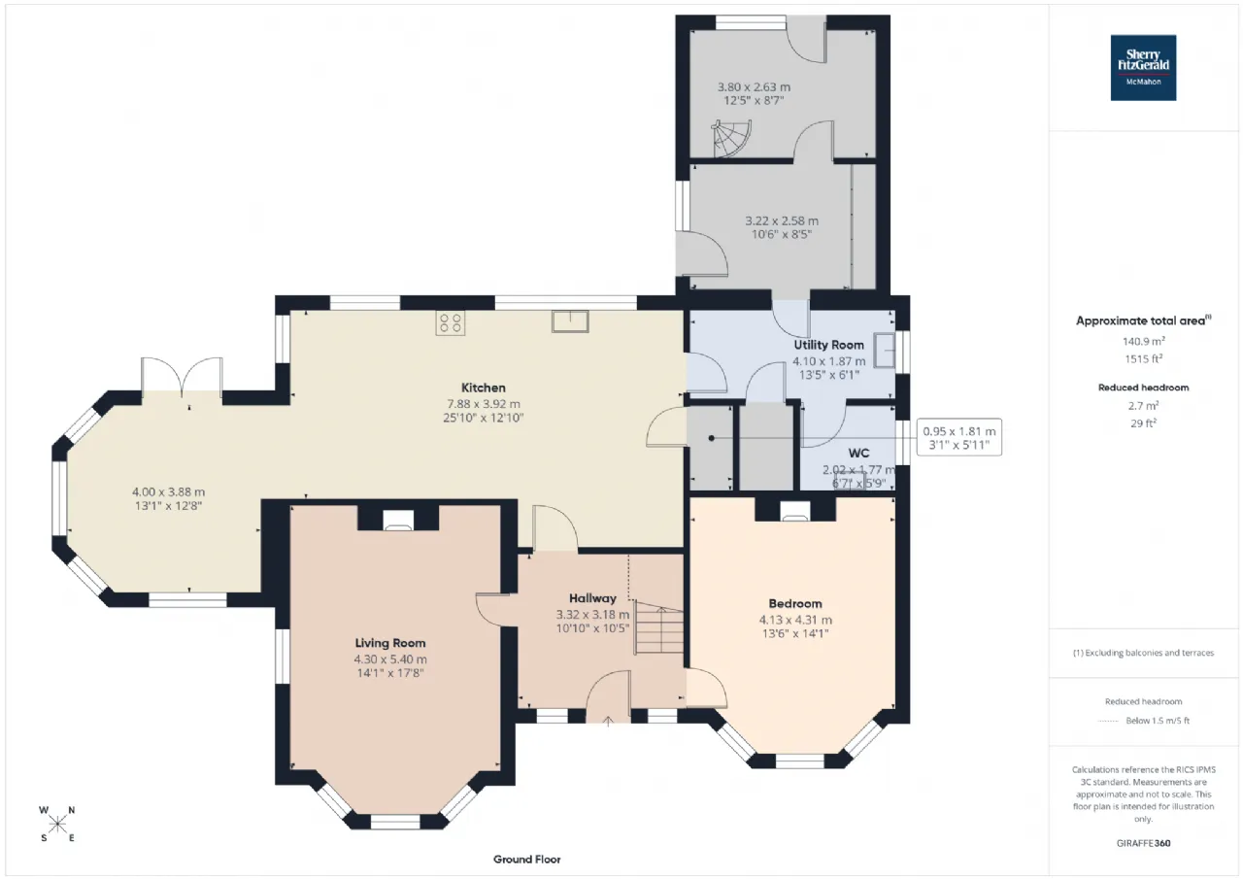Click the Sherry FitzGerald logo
tap(1143, 68)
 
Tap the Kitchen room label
tap(484, 388)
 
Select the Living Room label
tap(390, 643)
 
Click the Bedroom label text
tap(795, 603)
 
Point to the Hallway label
tap(592, 598)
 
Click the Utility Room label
tap(828, 345)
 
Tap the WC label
tap(858, 453)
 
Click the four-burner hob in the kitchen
tap(450, 323)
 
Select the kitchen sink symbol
tap(570, 321)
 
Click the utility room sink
tap(884, 351)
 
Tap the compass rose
tap(57, 824)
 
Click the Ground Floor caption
tap(526, 860)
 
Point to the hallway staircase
tap(658, 627)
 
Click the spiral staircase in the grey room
tap(731, 138)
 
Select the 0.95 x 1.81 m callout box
tap(958, 437)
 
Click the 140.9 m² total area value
tap(1143, 341)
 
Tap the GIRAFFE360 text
tap(1143, 843)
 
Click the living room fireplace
tap(398, 520)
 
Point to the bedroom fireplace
tap(795, 510)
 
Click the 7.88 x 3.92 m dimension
tap(484, 403)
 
